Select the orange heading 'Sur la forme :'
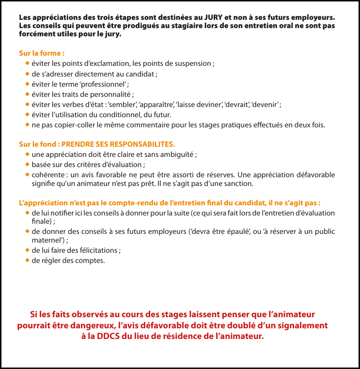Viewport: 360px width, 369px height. (42, 53)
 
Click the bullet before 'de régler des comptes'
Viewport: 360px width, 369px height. (27, 261)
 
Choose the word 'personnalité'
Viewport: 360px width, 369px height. (111, 94)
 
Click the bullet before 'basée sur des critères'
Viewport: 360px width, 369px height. (27, 165)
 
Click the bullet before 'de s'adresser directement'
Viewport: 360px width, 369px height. (27, 74)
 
